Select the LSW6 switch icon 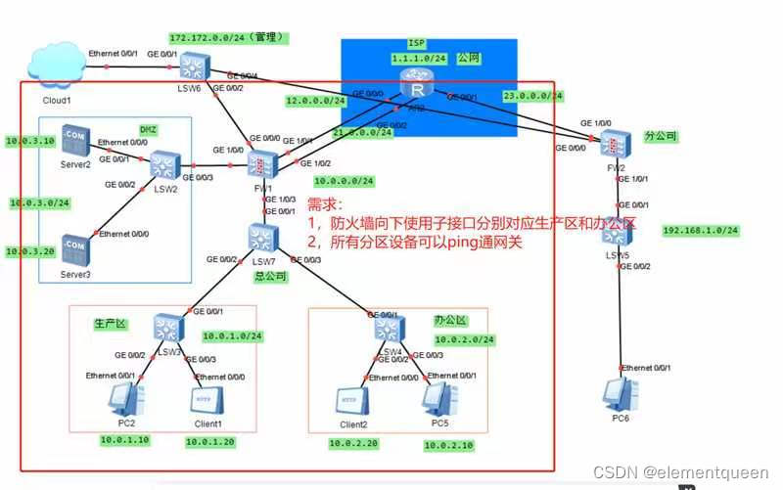click(190, 67)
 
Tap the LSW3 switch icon click(166, 327)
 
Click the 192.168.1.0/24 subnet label click(700, 231)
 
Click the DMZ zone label click(148, 129)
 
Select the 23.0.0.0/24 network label click(533, 96)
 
